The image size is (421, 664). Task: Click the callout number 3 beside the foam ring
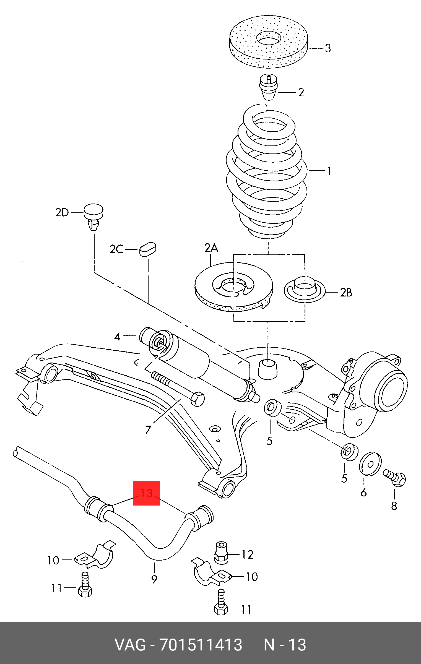point(328,48)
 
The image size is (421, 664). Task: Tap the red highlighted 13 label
point(147,493)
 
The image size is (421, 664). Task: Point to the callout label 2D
point(62,213)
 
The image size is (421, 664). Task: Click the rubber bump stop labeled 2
point(268,92)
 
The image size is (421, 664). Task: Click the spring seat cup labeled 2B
point(305,291)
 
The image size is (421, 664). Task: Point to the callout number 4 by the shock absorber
point(118,337)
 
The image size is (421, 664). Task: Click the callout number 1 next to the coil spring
point(329,171)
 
